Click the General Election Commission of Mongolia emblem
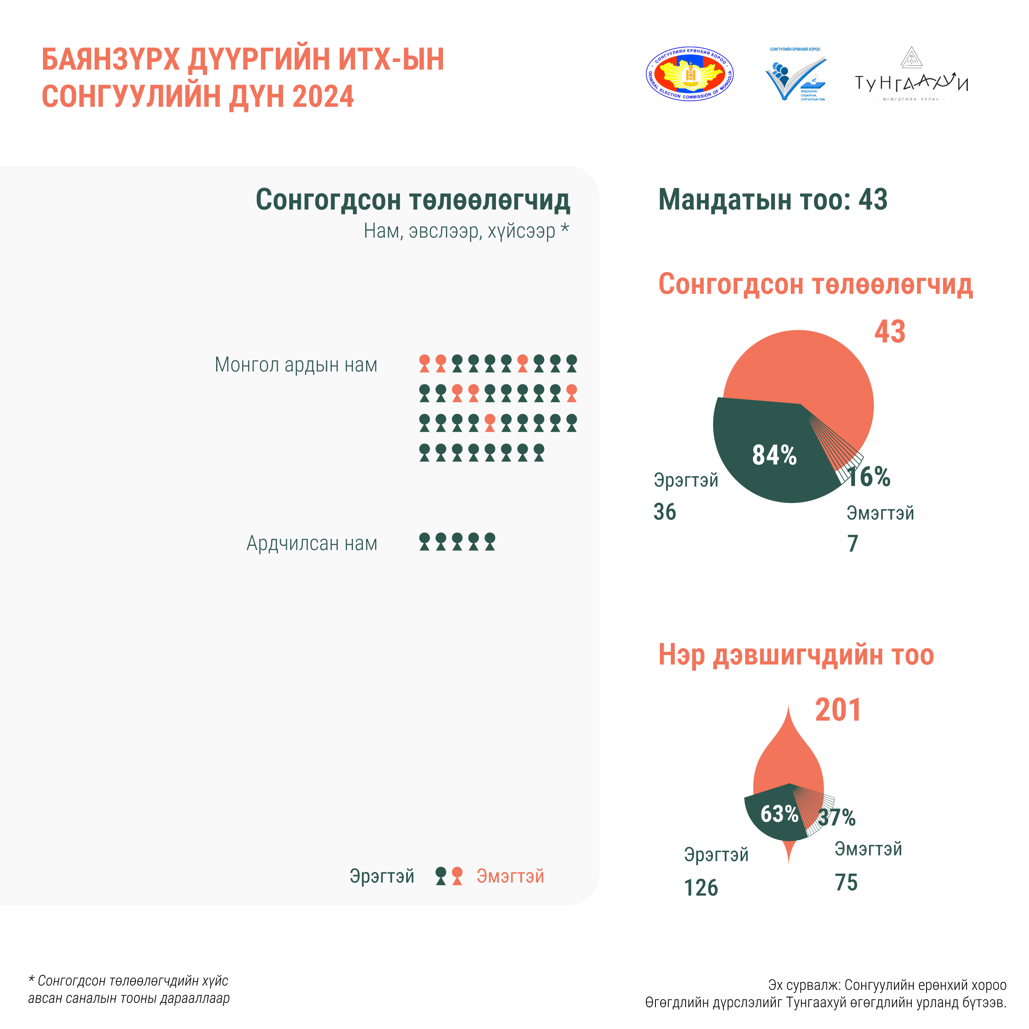(690, 74)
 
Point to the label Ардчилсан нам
(312, 543)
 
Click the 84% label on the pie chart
(774, 455)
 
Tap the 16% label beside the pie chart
(869, 476)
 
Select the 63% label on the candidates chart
(779, 814)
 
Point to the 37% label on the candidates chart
(837, 817)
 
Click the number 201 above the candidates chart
(838, 710)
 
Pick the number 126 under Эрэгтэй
(701, 888)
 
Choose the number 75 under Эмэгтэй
(846, 883)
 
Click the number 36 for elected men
(665, 512)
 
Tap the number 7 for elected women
(853, 544)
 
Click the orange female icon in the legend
(457, 876)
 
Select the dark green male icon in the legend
(441, 876)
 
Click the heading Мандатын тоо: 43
(773, 200)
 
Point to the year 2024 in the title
(323, 96)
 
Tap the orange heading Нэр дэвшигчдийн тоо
(796, 655)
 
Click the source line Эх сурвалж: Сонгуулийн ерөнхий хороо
(887, 985)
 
